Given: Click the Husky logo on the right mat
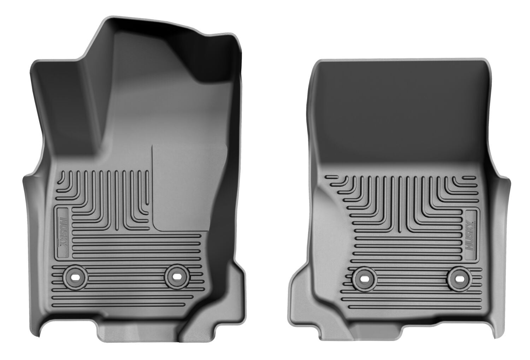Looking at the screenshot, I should tap(471, 234).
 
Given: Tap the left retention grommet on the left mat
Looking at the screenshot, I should tap(75, 277).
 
